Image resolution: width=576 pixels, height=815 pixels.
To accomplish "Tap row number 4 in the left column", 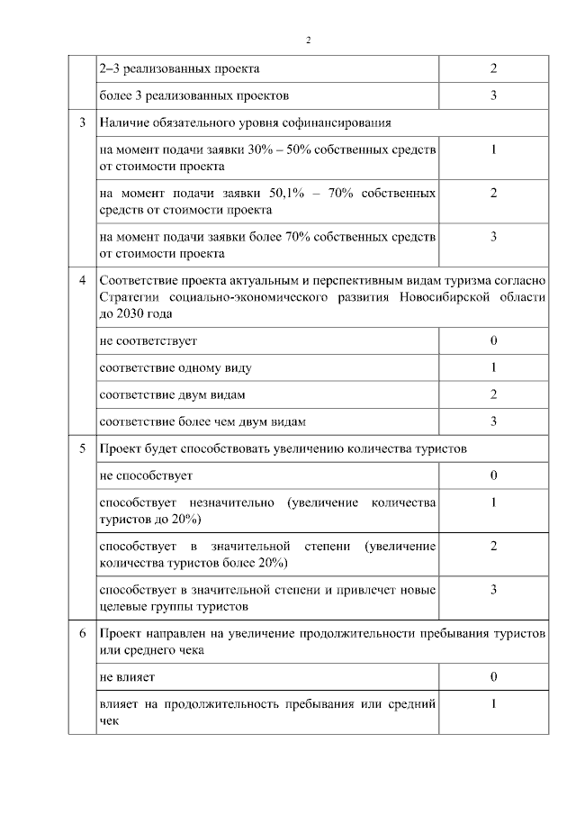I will coord(82,282).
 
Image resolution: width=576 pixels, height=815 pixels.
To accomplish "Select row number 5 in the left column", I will coord(82,448).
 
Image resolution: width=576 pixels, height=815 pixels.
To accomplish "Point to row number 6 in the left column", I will coord(82,633).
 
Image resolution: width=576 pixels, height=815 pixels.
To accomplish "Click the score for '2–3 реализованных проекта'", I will coord(493,68).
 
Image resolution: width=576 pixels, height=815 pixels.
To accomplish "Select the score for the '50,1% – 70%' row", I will coord(493,193).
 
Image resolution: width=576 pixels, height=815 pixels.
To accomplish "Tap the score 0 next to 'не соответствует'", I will coord(493,341).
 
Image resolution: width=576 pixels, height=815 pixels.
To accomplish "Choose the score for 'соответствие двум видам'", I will coord(493,394).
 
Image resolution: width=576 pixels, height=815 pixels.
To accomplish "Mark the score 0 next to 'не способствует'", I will coord(493,475).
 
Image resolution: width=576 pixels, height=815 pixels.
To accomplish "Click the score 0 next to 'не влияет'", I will coord(493,675).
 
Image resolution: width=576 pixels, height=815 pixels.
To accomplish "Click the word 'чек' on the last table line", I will coord(108,720).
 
